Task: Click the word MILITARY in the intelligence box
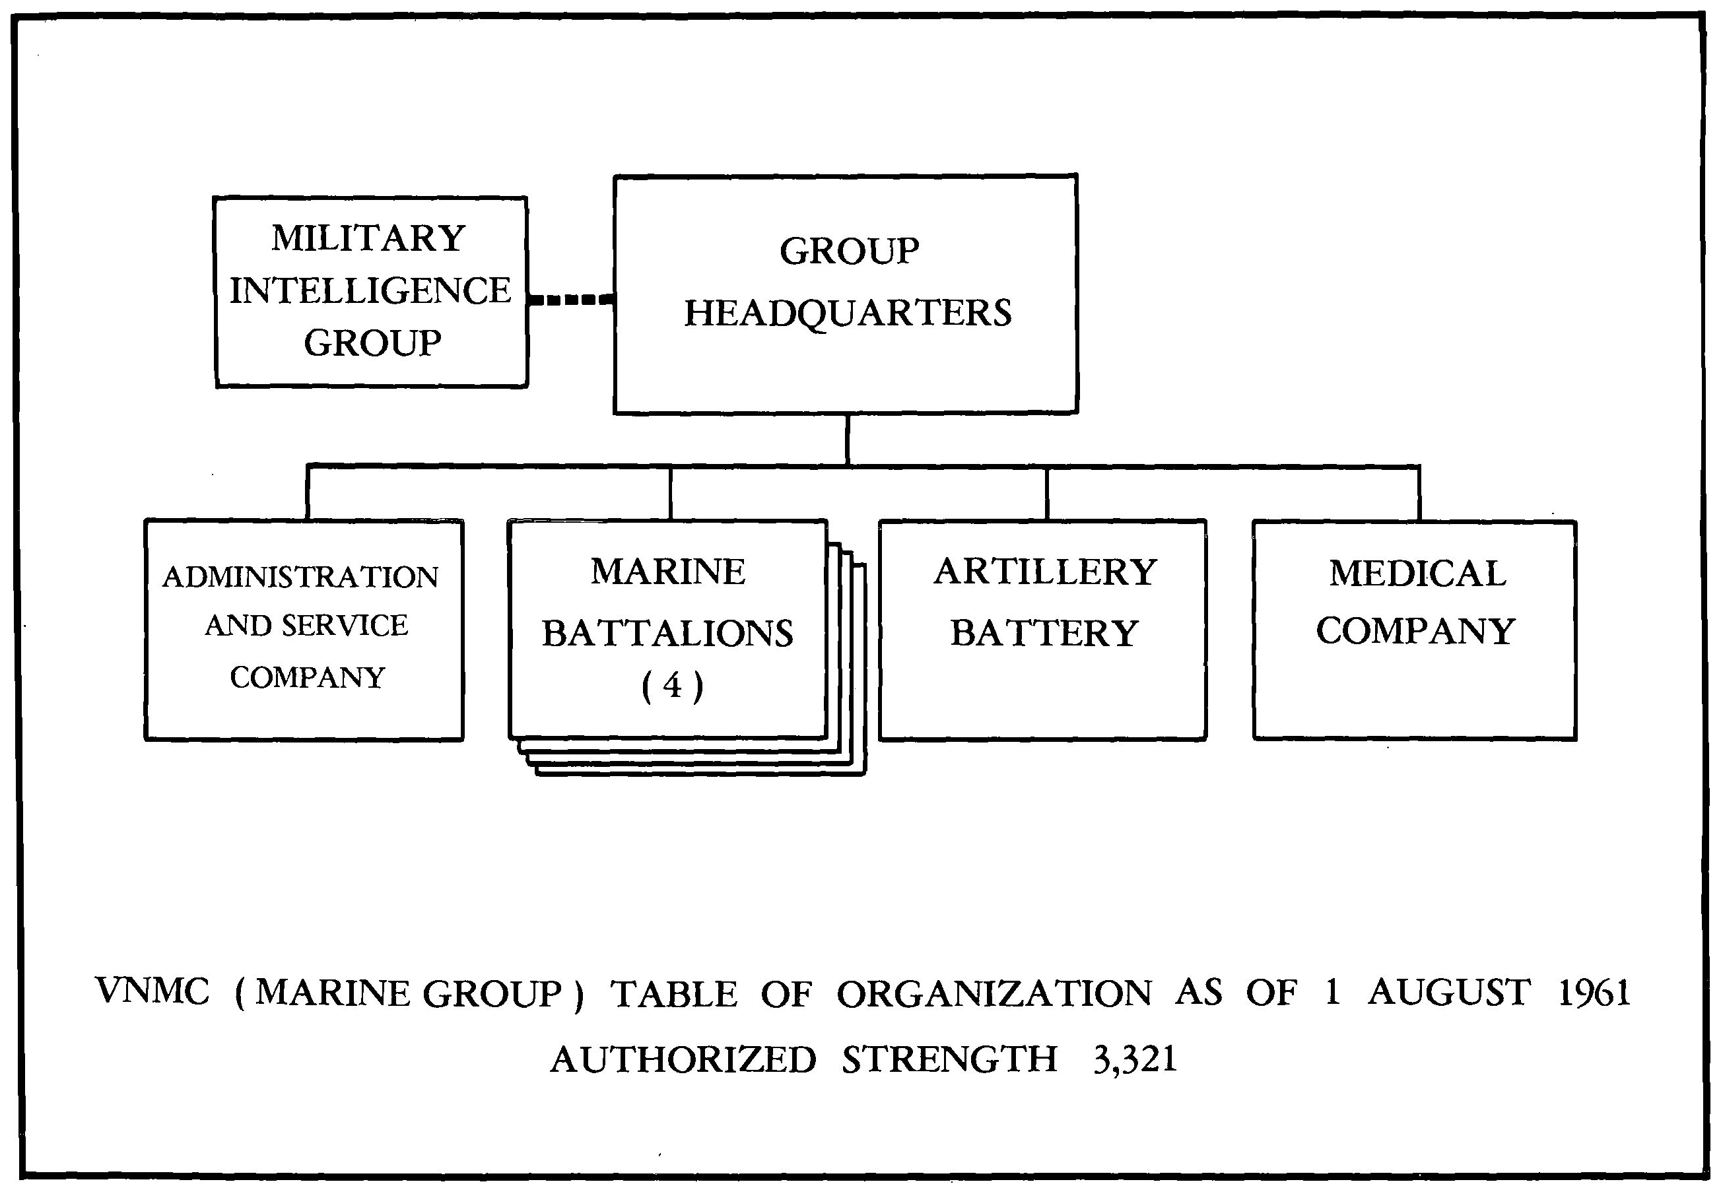(x=368, y=239)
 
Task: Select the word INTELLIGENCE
(x=370, y=291)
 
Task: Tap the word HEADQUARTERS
(x=848, y=313)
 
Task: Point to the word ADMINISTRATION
(x=301, y=577)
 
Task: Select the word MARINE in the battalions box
(x=667, y=572)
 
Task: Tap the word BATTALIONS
(x=667, y=634)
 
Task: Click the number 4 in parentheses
(x=671, y=686)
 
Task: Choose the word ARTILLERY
(x=1045, y=572)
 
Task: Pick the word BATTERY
(x=1044, y=634)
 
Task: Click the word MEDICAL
(x=1417, y=574)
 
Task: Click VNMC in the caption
(x=153, y=992)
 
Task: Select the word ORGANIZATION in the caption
(x=994, y=994)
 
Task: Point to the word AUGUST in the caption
(x=1449, y=992)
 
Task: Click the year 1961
(x=1594, y=992)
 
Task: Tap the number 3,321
(x=1135, y=1059)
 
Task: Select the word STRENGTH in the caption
(x=949, y=1059)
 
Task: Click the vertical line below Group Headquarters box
(x=847, y=439)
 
